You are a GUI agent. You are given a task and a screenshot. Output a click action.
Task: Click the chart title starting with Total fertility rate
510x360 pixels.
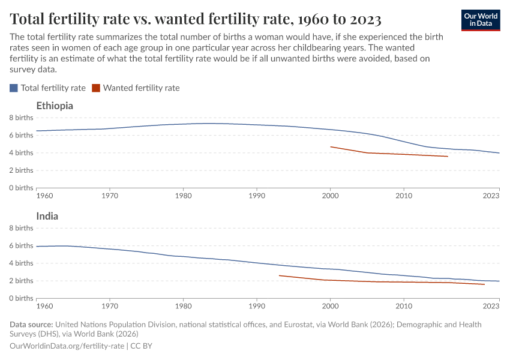196,19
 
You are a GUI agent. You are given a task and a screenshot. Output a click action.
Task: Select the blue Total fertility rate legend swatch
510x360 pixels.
14,88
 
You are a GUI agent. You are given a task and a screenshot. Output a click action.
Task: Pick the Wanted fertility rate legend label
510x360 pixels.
141,88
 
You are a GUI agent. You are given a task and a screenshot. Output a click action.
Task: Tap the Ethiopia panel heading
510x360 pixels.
55,106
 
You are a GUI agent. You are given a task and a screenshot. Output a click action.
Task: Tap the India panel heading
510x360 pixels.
47,216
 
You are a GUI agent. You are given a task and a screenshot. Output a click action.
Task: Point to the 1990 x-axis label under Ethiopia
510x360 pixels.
257,196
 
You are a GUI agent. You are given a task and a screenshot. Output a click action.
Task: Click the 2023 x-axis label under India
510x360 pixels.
491,306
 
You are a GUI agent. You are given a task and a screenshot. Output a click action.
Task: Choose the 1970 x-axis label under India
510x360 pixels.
110,306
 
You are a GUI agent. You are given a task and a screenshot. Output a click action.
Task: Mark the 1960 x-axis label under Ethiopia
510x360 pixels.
44,196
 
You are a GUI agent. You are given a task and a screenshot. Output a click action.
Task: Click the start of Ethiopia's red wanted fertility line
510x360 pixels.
331,146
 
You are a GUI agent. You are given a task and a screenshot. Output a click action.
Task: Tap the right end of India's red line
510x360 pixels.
484,284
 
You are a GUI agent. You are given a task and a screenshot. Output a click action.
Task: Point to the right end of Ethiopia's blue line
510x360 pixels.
499,153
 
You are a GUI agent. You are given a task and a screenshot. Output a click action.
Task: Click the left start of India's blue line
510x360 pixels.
37,247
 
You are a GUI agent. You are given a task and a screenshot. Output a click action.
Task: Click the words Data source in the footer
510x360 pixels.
31,325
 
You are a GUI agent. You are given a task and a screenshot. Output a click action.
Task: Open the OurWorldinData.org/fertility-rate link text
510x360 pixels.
67,346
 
